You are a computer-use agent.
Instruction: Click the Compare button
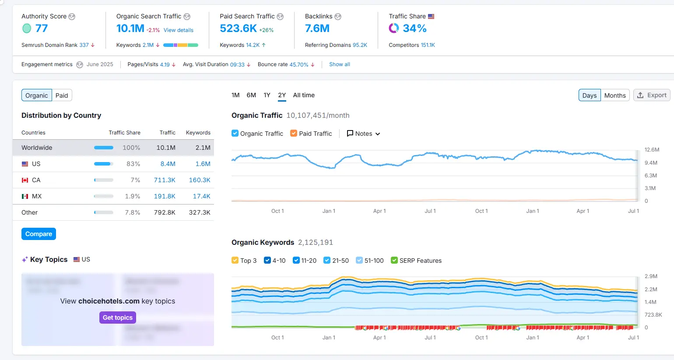point(39,234)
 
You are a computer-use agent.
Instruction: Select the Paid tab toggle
point(62,95)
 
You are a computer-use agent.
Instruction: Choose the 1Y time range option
point(267,95)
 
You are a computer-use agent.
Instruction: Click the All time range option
point(304,95)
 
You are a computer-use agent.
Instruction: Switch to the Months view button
point(614,95)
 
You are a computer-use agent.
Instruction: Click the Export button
point(652,95)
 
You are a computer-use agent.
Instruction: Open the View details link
point(179,30)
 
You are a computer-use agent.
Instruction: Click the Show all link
point(340,64)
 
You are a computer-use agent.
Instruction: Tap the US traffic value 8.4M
point(168,164)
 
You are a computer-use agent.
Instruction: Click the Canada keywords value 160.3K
point(200,180)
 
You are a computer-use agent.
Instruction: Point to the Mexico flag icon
point(25,197)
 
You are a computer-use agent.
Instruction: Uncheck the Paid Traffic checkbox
point(294,134)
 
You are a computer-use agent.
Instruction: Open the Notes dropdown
point(363,134)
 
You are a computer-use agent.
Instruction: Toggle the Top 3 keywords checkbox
point(235,261)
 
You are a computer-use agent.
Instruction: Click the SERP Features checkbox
point(394,261)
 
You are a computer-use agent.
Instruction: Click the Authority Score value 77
point(42,28)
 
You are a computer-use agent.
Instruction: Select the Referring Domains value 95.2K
point(360,45)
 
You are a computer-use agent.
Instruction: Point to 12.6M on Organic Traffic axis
point(652,150)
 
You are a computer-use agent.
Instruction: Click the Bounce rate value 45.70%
point(299,64)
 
